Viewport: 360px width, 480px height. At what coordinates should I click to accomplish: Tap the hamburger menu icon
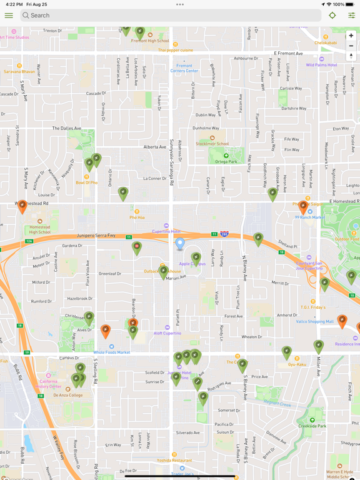(9, 16)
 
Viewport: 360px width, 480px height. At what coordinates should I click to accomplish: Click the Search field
(170, 16)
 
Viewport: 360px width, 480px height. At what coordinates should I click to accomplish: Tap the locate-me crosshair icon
(332, 16)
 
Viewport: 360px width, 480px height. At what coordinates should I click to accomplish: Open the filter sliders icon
(351, 16)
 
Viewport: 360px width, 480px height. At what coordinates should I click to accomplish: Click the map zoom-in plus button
(351, 36)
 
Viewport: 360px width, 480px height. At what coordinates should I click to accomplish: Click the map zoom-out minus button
(351, 46)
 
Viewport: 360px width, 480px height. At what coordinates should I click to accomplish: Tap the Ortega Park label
(226, 161)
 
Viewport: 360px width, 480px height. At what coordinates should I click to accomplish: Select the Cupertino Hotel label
(167, 231)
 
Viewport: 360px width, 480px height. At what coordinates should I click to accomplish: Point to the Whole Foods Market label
(112, 352)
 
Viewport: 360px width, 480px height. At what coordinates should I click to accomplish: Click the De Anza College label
(68, 395)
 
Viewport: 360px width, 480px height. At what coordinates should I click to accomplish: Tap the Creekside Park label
(312, 426)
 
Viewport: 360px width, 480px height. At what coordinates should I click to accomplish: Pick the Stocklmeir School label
(212, 143)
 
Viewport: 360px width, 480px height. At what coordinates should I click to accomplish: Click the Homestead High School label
(39, 229)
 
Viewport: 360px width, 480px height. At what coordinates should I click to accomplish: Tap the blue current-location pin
(180, 243)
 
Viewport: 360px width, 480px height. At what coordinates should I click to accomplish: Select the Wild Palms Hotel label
(321, 65)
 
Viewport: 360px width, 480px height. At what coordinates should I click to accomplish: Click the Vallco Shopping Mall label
(316, 322)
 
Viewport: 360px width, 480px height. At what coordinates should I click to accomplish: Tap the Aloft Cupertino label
(167, 334)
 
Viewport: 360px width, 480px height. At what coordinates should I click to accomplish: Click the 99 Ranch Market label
(310, 217)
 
